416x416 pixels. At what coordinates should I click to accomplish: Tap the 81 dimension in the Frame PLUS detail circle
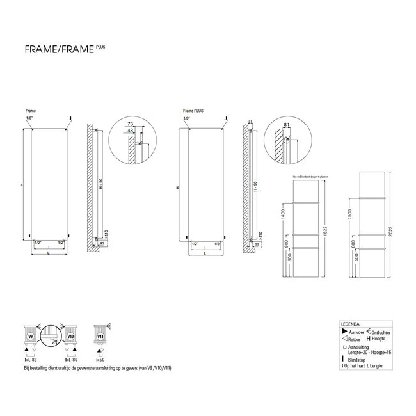pos(289,125)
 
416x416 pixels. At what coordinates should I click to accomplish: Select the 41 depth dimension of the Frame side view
pos(102,244)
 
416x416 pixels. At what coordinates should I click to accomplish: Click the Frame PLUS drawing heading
pos(192,110)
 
